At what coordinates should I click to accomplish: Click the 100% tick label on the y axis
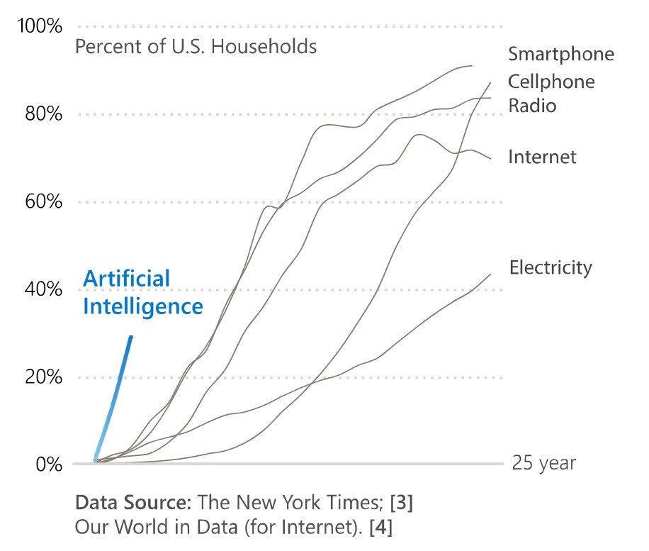(40, 27)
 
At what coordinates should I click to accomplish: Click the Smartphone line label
(560, 55)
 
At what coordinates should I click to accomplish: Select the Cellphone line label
(551, 82)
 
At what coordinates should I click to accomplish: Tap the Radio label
(532, 106)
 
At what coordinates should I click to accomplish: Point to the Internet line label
(542, 157)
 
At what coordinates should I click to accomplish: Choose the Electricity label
(551, 267)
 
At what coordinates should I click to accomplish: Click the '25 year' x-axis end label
(543, 464)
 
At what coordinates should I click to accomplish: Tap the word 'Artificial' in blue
(126, 279)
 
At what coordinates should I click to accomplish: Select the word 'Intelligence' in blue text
(142, 306)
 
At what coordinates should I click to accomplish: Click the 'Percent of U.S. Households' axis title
(196, 48)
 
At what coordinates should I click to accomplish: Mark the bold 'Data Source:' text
(132, 503)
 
